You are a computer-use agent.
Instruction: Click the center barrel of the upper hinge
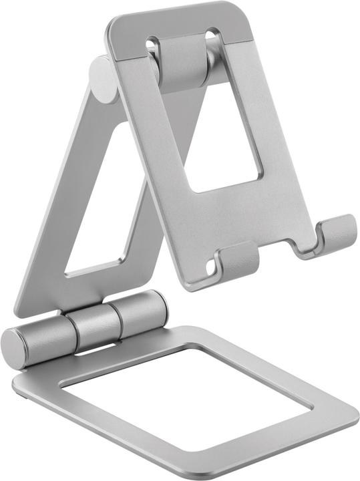pos(182,63)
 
